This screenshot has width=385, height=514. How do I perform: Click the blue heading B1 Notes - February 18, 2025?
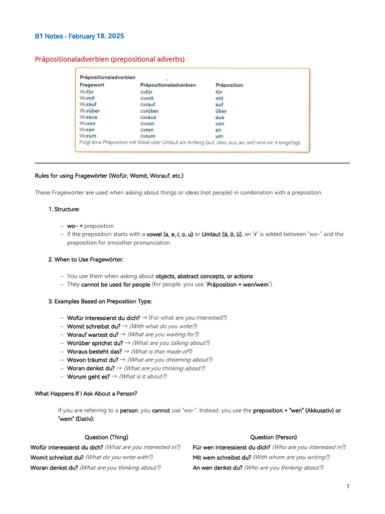(79, 36)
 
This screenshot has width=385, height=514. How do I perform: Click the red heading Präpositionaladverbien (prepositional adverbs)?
(110, 59)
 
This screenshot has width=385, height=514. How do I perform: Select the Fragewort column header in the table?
(92, 85)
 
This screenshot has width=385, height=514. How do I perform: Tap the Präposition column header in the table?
(229, 85)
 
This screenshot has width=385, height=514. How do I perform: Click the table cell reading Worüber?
(90, 111)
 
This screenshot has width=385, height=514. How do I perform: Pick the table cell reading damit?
(147, 98)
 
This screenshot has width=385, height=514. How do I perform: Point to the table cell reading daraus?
(148, 117)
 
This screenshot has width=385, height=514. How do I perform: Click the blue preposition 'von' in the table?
(220, 123)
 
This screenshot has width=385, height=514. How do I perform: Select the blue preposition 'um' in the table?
(219, 136)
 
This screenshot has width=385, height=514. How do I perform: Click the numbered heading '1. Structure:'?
(64, 209)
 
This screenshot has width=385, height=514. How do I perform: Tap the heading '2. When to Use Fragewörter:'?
(86, 259)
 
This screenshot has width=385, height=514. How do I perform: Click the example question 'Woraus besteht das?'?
(94, 351)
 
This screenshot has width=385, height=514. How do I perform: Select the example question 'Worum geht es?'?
(88, 376)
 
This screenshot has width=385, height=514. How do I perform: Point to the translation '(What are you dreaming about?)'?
(169, 359)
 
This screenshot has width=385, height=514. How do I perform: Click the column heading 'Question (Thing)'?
(103, 437)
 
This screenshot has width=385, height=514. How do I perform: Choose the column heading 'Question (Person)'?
(273, 437)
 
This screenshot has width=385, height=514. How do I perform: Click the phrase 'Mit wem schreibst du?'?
(222, 457)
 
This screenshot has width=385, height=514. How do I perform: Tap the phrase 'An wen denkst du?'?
(218, 467)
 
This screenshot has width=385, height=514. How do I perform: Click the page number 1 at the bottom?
(348, 486)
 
